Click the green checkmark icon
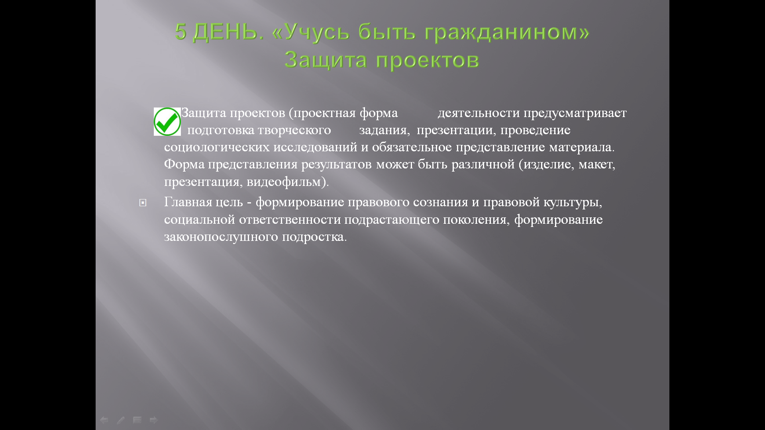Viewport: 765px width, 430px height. (167, 121)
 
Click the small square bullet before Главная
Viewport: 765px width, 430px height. (143, 203)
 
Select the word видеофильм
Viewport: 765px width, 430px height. (284, 182)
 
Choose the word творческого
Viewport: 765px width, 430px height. (294, 131)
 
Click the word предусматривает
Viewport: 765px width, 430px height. (575, 113)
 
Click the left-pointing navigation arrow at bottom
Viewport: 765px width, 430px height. (104, 420)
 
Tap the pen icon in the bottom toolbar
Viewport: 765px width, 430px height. (121, 420)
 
